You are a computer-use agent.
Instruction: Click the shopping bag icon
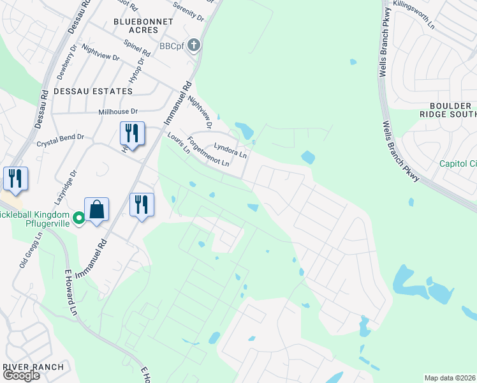click(96, 209)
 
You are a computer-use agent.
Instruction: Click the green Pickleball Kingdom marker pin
click(79, 218)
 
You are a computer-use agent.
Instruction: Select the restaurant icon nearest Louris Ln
click(132, 133)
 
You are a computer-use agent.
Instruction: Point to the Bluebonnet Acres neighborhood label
click(135, 26)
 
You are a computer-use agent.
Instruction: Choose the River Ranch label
click(33, 366)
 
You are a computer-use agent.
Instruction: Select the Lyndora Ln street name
click(230, 149)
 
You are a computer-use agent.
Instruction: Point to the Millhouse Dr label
click(118, 111)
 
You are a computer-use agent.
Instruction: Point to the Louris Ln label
click(179, 144)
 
